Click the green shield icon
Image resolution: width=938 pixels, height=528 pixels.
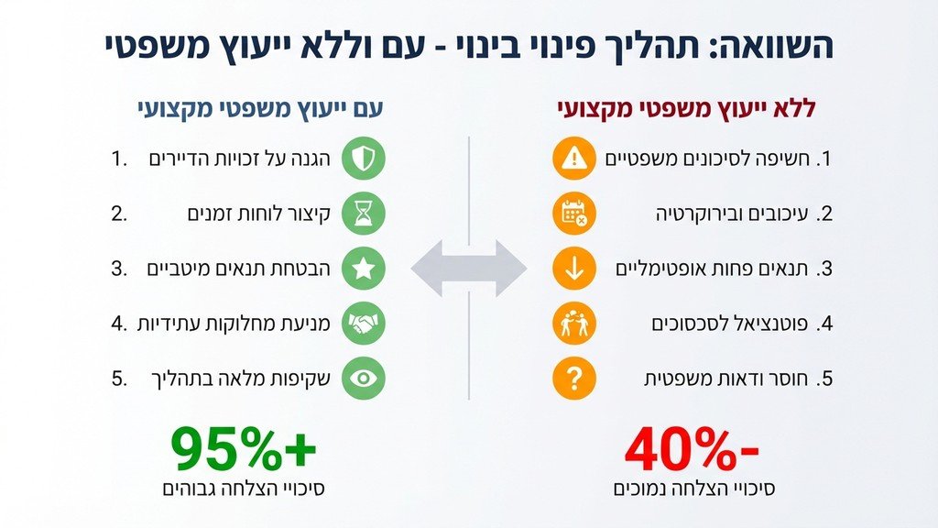click(x=364, y=159)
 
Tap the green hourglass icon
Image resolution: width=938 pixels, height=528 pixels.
click(x=364, y=214)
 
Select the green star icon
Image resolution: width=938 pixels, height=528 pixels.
click(x=364, y=269)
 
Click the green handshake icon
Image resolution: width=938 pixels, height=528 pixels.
click(x=364, y=323)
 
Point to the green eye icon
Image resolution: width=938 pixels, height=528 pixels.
click(x=364, y=378)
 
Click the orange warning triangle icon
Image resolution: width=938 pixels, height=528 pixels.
click(x=574, y=159)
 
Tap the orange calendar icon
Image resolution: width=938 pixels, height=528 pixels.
click(x=574, y=214)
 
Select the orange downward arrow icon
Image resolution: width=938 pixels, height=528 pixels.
click(x=574, y=269)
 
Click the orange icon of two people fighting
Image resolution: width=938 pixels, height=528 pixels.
click(x=574, y=323)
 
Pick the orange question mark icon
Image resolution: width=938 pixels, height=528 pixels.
click(x=574, y=378)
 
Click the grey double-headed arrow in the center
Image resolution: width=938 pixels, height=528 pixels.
click(x=468, y=269)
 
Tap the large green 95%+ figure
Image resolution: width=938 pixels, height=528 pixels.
click(x=244, y=448)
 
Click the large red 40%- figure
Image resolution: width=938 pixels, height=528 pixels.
click(x=693, y=448)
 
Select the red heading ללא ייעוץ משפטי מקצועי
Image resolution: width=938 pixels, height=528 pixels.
click(x=686, y=108)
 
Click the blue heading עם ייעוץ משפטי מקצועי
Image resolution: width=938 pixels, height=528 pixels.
click(x=254, y=108)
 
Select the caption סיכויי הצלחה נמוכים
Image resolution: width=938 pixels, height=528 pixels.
click(x=694, y=489)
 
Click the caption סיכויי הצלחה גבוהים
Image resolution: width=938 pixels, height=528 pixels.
click(x=244, y=489)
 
